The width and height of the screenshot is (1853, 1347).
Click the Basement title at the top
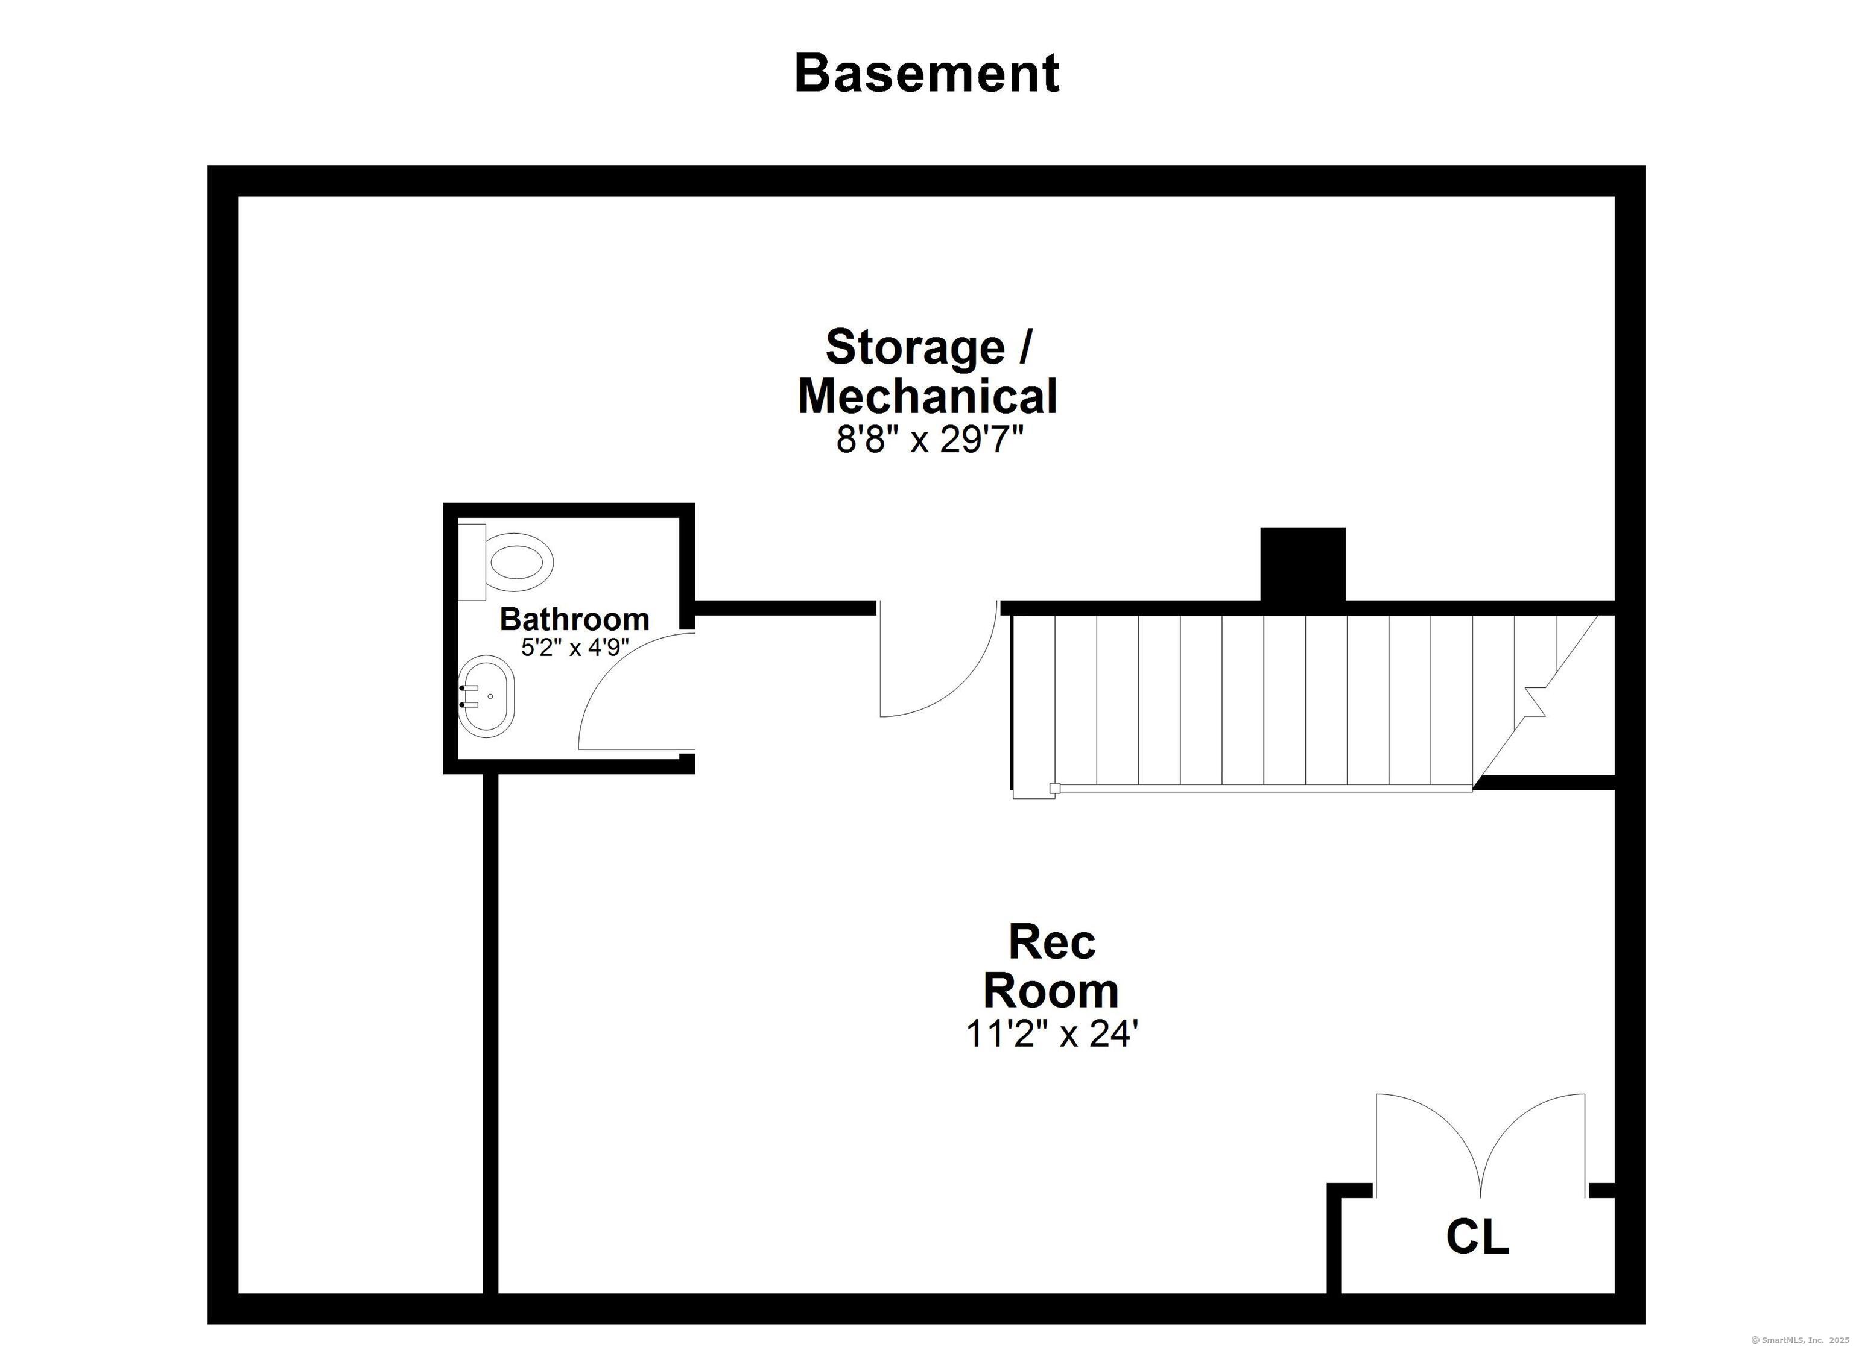[x=926, y=74]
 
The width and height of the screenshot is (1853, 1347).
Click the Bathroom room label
[x=574, y=619]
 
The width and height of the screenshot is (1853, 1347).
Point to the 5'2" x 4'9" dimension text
[x=574, y=648]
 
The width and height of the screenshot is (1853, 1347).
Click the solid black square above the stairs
[x=1302, y=564]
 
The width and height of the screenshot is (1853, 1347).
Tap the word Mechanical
[x=927, y=397]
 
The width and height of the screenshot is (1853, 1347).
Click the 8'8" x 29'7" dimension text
[x=929, y=441]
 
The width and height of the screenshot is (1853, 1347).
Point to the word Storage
[x=915, y=347]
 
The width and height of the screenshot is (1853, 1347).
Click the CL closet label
[x=1477, y=1237]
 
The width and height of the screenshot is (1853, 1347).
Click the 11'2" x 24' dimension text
[x=1051, y=1034]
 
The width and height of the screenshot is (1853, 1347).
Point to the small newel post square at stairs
[x=1055, y=788]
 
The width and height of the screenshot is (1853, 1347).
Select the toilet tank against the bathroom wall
[x=472, y=562]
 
